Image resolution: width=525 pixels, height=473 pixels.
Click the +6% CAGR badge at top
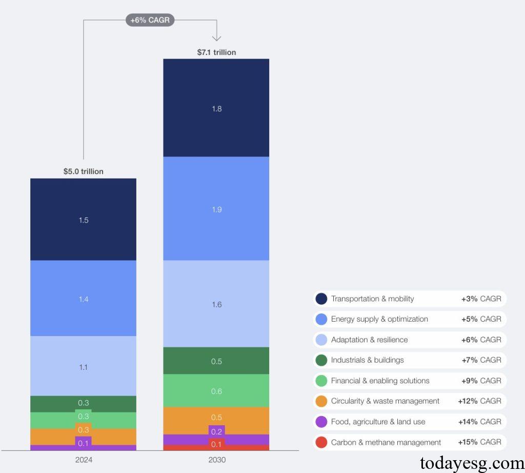[x=150, y=20]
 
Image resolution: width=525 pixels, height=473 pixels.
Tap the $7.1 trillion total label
[x=216, y=52]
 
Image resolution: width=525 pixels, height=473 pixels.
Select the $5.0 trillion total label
[x=83, y=171]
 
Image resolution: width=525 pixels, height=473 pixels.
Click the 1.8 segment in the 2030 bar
[x=216, y=108]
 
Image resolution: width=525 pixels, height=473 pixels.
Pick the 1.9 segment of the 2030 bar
[x=216, y=209]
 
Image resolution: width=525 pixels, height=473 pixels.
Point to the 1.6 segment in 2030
[x=216, y=304]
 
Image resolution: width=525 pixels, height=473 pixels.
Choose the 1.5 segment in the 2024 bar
[x=83, y=220]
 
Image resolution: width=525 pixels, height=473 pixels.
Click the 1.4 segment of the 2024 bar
[x=83, y=299]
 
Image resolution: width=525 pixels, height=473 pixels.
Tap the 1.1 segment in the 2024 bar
[x=83, y=367]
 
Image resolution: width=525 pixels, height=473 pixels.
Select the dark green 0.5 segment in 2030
[x=216, y=361]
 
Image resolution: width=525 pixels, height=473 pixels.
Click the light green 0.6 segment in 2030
[x=216, y=391]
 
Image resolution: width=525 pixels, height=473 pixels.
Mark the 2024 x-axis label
[x=83, y=460]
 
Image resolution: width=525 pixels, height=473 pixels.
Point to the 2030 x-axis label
[x=216, y=460]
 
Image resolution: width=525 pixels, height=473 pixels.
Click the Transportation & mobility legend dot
[x=321, y=299]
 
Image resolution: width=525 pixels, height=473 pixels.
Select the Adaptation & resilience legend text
[x=369, y=340]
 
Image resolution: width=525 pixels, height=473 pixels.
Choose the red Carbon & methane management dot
[x=321, y=442]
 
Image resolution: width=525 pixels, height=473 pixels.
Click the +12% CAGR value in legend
[x=479, y=401]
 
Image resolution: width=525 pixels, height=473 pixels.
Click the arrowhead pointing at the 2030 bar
[x=216, y=37]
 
